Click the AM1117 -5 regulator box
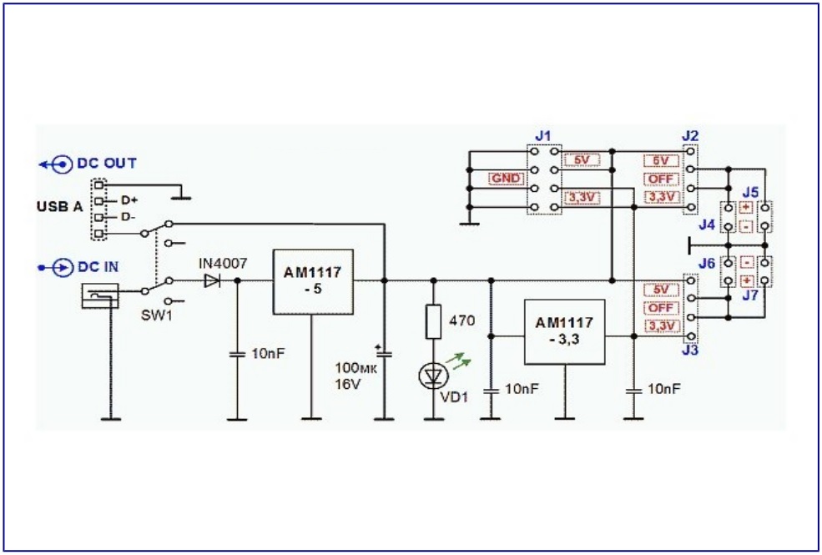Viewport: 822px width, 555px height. [x=313, y=281]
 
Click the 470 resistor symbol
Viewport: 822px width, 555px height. [x=433, y=322]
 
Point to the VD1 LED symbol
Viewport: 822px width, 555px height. [x=433, y=376]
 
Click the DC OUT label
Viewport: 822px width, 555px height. [x=107, y=164]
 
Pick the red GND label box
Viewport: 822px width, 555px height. [x=506, y=178]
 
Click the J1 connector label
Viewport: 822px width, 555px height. [x=543, y=135]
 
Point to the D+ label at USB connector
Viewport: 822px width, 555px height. [x=129, y=200]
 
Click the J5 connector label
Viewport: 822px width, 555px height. [x=751, y=191]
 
